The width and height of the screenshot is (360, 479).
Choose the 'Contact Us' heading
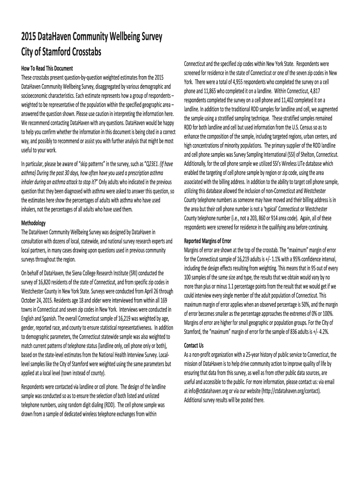[194, 346]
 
